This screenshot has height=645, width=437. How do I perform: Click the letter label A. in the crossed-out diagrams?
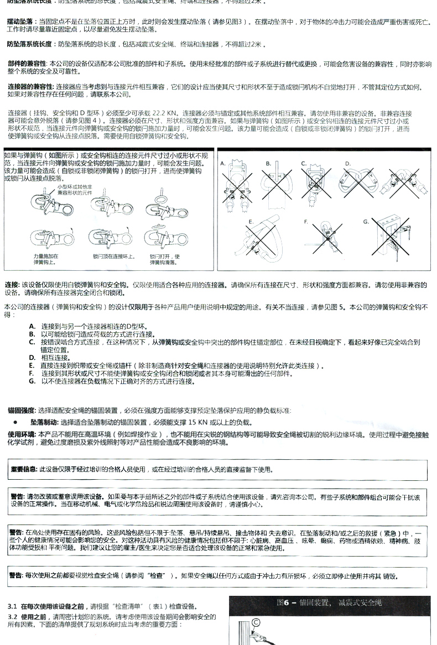pyautogui.click(x=223, y=164)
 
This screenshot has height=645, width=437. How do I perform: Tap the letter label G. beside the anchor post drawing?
pyautogui.click(x=366, y=221)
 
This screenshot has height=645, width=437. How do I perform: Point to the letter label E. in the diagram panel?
pyautogui.click(x=251, y=221)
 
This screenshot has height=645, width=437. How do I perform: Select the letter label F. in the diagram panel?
pyautogui.click(x=305, y=221)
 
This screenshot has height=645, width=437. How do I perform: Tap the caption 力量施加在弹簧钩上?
pyautogui.click(x=45, y=259)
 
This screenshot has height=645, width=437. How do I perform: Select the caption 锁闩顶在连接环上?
pyautogui.click(x=107, y=256)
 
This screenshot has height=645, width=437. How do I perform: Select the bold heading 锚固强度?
pyautogui.click(x=22, y=410)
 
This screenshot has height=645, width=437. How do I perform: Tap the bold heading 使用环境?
pyautogui.click(x=22, y=434)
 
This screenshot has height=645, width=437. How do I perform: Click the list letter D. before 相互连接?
pyautogui.click(x=32, y=358)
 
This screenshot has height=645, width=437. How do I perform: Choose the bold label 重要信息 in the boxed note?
pyautogui.click(x=24, y=469)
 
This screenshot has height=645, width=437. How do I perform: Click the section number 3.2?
pyautogui.click(x=13, y=616)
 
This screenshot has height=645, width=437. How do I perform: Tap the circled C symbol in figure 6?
pyautogui.click(x=256, y=621)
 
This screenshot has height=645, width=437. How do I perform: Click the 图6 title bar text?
pyautogui.click(x=329, y=602)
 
